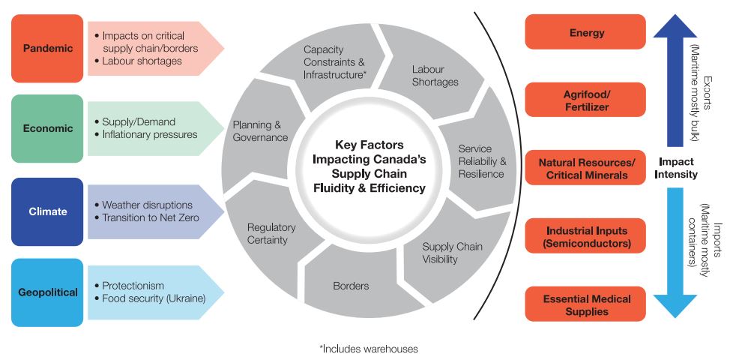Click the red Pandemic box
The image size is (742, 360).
[47, 49]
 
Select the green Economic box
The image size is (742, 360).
[47, 128]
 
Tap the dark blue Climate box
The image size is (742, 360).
[47, 211]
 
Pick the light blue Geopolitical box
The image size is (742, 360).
[47, 292]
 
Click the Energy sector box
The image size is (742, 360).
[586, 33]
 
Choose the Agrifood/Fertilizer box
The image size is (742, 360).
[586, 101]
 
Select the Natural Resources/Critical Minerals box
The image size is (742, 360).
[586, 169]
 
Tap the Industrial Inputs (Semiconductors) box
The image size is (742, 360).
[586, 237]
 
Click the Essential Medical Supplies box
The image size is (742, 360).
[586, 304]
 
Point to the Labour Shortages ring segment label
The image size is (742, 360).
[435, 76]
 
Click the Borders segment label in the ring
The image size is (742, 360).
[351, 286]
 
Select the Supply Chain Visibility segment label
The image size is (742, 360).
[452, 253]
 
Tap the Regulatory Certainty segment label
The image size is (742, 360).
[271, 233]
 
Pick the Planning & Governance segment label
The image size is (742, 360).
[260, 131]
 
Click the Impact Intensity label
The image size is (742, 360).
[678, 168]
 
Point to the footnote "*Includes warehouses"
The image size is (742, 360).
[368, 348]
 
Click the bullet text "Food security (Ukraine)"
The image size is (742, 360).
[154, 299]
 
